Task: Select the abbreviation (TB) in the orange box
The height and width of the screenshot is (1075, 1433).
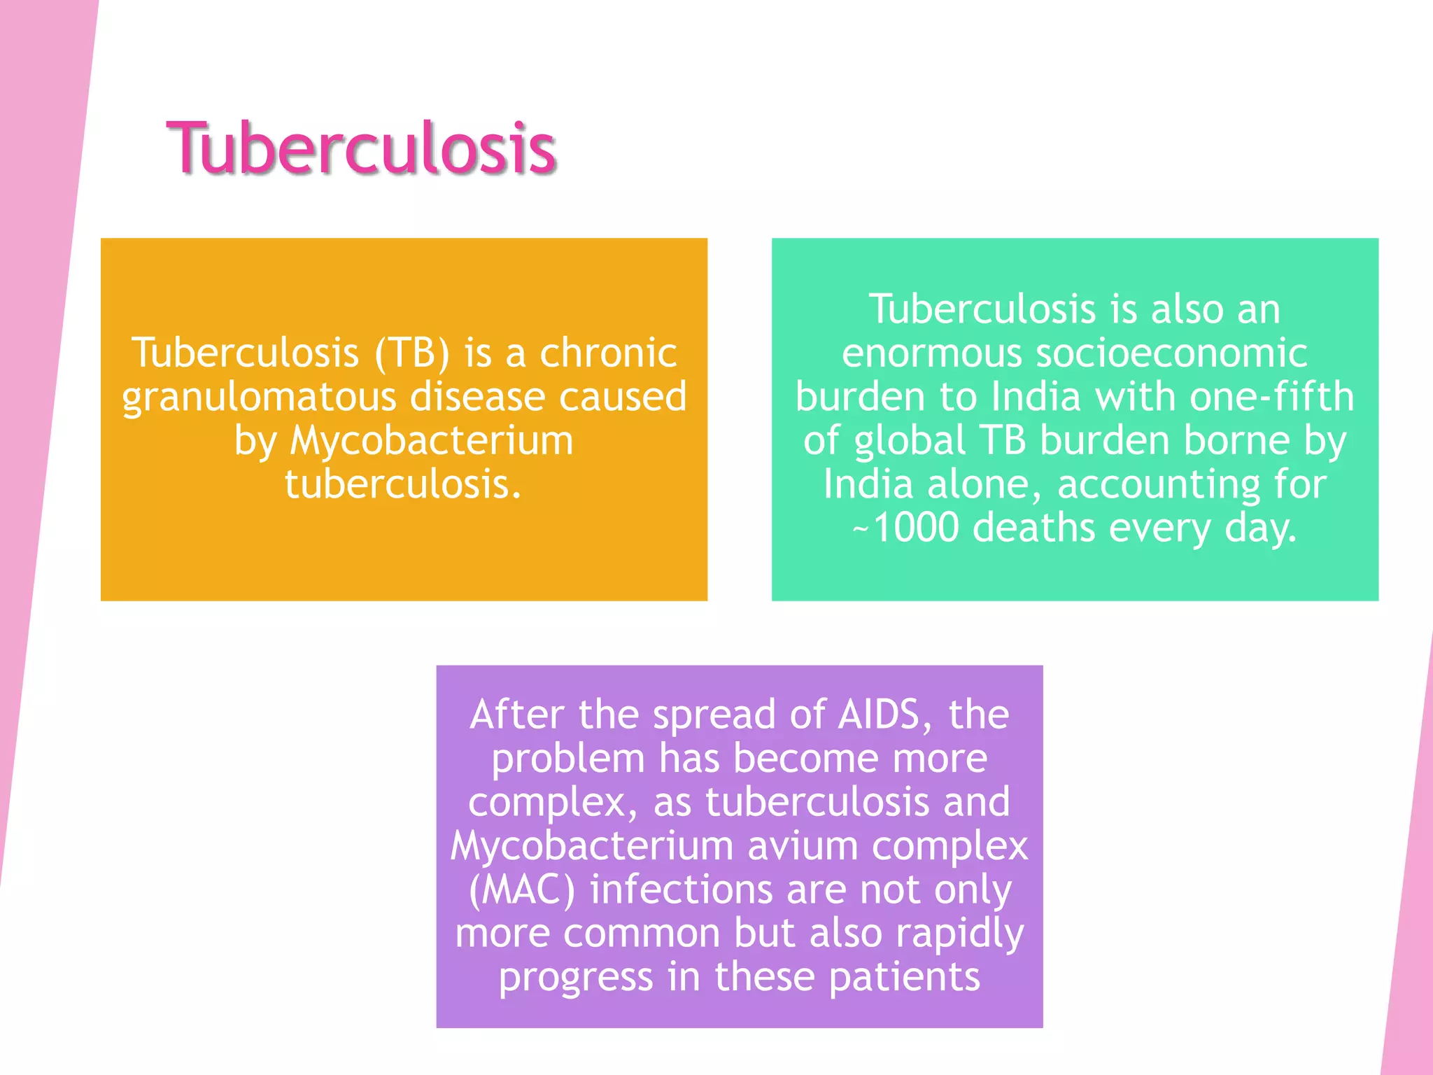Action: pyautogui.click(x=412, y=352)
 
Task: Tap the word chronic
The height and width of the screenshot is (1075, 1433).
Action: pyautogui.click(x=608, y=352)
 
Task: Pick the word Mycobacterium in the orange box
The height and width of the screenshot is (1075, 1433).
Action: pyautogui.click(x=432, y=441)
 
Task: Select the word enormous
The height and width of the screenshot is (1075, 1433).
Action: pyautogui.click(x=931, y=353)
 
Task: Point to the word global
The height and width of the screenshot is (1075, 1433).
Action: pyautogui.click(x=910, y=441)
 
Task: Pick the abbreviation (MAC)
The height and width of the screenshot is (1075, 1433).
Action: pyautogui.click(x=522, y=890)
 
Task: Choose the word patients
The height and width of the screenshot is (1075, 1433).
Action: pyautogui.click(x=904, y=977)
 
